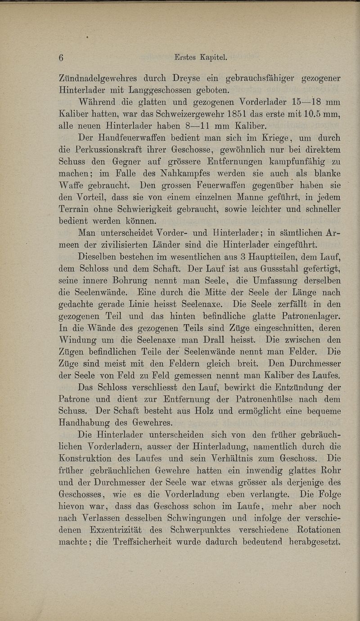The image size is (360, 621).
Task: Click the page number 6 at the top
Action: [x=62, y=57]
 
